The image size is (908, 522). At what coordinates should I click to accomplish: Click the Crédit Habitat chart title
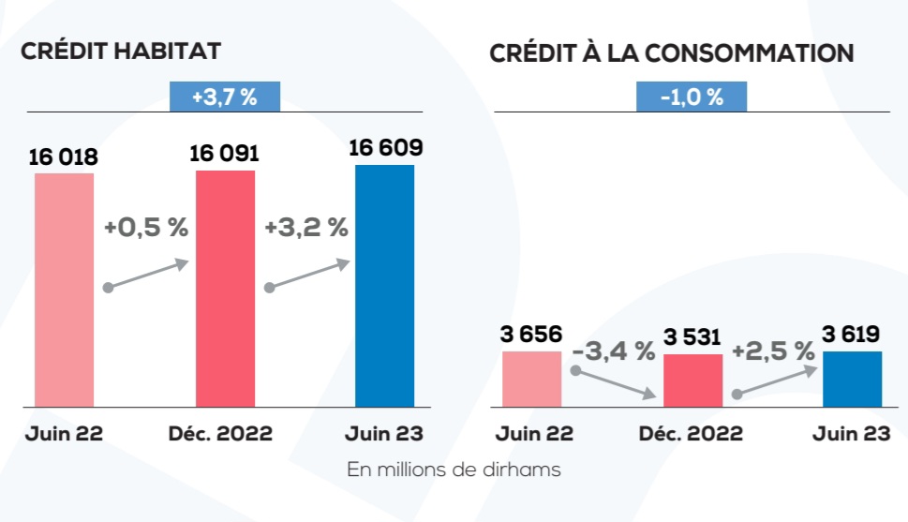click(x=121, y=52)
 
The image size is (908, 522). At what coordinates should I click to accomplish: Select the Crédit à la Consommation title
click(x=671, y=53)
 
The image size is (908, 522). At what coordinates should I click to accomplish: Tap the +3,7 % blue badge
click(x=225, y=97)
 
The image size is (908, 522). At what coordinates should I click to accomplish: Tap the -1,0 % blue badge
click(x=692, y=97)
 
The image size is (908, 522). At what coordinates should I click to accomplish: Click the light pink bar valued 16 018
click(x=65, y=291)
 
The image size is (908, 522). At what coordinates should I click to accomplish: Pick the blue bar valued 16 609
click(x=384, y=286)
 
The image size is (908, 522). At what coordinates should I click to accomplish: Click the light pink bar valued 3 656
click(x=531, y=380)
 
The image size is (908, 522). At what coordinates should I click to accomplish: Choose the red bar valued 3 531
click(x=692, y=381)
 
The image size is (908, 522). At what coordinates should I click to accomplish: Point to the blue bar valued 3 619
click(x=852, y=380)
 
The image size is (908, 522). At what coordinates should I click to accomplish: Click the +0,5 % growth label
click(x=146, y=228)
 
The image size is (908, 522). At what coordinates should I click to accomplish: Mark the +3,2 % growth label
click(x=306, y=228)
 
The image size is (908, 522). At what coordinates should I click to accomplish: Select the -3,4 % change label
click(x=613, y=351)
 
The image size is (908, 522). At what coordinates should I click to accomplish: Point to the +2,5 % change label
click(x=773, y=351)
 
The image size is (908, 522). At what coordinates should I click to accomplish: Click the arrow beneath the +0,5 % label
click(x=148, y=276)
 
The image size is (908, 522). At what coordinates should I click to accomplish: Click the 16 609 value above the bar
click(x=385, y=147)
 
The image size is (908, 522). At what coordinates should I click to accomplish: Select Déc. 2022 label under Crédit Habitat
click(x=221, y=434)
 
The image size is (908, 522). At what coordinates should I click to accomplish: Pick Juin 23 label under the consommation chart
click(x=851, y=434)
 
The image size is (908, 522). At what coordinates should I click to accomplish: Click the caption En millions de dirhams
click(x=454, y=470)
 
